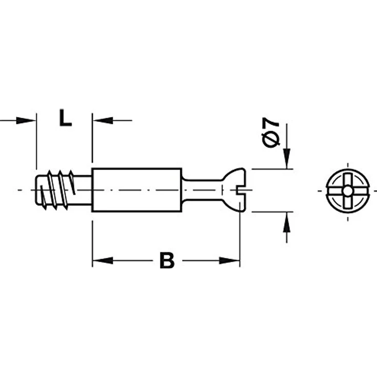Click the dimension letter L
pyautogui.click(x=65, y=118)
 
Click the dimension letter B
pyautogui.click(x=167, y=260)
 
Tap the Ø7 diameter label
pyautogui.click(x=271, y=133)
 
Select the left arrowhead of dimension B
pyautogui.click(x=102, y=260)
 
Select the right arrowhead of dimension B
pyautogui.click(x=229, y=260)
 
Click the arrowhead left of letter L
pyautogui.click(x=26, y=120)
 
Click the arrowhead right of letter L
pyautogui.click(x=103, y=120)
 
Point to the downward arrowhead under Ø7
pyautogui.click(x=286, y=158)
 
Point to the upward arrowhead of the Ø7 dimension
pyautogui.click(x=286, y=222)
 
